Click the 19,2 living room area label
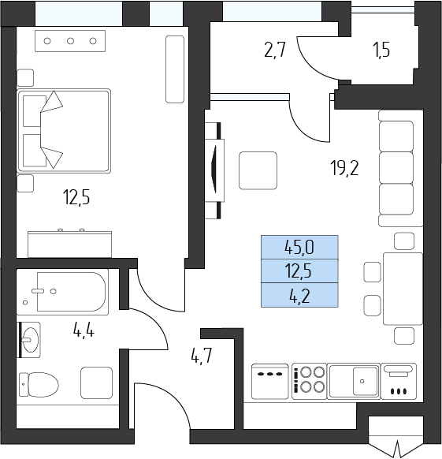(x=344, y=168)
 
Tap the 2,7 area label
(x=274, y=50)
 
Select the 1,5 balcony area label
(x=381, y=50)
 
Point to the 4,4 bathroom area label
(x=84, y=331)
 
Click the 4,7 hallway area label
(x=201, y=356)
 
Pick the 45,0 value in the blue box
(x=299, y=248)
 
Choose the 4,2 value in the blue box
(x=300, y=296)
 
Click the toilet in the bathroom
(x=39, y=384)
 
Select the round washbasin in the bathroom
(x=30, y=340)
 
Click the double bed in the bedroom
(x=64, y=131)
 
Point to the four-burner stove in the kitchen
(x=309, y=381)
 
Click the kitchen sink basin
(x=365, y=381)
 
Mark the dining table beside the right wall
(x=403, y=289)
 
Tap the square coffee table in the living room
(x=258, y=170)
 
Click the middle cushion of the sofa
(x=396, y=167)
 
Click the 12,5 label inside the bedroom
(x=76, y=197)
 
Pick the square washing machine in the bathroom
(x=97, y=382)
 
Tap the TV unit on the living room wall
(x=215, y=170)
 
